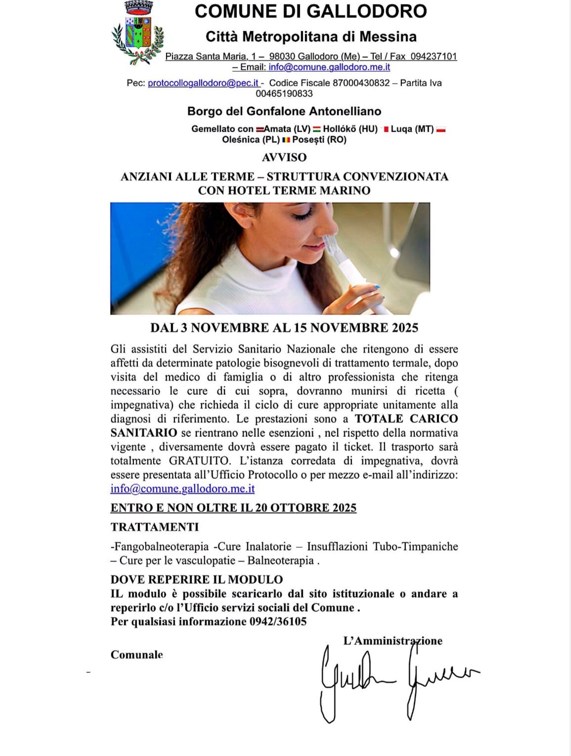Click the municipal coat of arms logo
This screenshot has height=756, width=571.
[x=137, y=33]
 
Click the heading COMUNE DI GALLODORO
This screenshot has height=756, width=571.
[x=310, y=11]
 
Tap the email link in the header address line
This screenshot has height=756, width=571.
[x=329, y=67]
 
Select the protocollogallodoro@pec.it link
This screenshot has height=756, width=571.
[x=203, y=83]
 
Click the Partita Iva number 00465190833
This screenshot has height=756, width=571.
[x=284, y=94]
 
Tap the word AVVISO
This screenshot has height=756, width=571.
[x=284, y=157]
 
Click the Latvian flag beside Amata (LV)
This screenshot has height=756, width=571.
[x=260, y=130]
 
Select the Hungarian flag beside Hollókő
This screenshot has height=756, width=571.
[x=317, y=130]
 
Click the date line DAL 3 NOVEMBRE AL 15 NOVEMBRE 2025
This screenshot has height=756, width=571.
[x=284, y=328]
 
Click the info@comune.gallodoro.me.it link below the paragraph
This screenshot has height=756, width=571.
[x=182, y=489]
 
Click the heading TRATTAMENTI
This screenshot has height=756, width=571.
[x=155, y=527]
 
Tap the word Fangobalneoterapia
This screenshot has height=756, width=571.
[x=161, y=547]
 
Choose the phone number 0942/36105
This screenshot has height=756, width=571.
[x=278, y=622]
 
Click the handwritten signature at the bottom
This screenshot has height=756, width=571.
[x=395, y=680]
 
